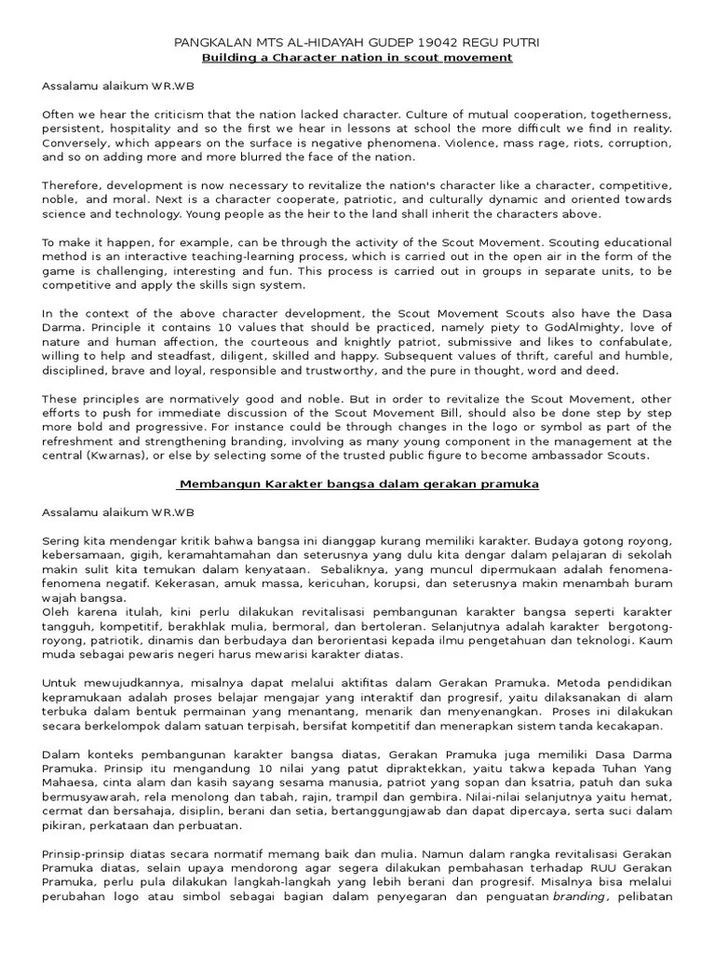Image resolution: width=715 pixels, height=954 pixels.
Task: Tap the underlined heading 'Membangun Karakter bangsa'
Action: [x=358, y=484]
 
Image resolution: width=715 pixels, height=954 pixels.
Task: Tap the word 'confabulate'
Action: [x=633, y=342]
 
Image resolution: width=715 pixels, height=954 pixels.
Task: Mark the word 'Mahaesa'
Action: [x=71, y=783]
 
